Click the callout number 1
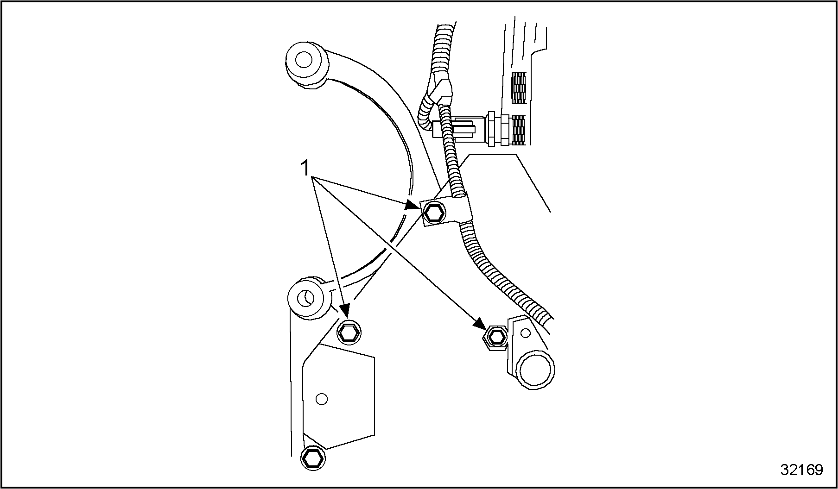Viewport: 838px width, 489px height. [305, 168]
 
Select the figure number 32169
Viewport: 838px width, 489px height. [801, 470]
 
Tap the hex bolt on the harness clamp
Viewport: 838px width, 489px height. [434, 213]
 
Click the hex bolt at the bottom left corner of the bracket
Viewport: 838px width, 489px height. [312, 458]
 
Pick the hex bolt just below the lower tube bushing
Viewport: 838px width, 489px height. [349, 332]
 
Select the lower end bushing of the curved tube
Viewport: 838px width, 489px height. [306, 297]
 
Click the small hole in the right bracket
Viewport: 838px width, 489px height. [525, 332]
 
